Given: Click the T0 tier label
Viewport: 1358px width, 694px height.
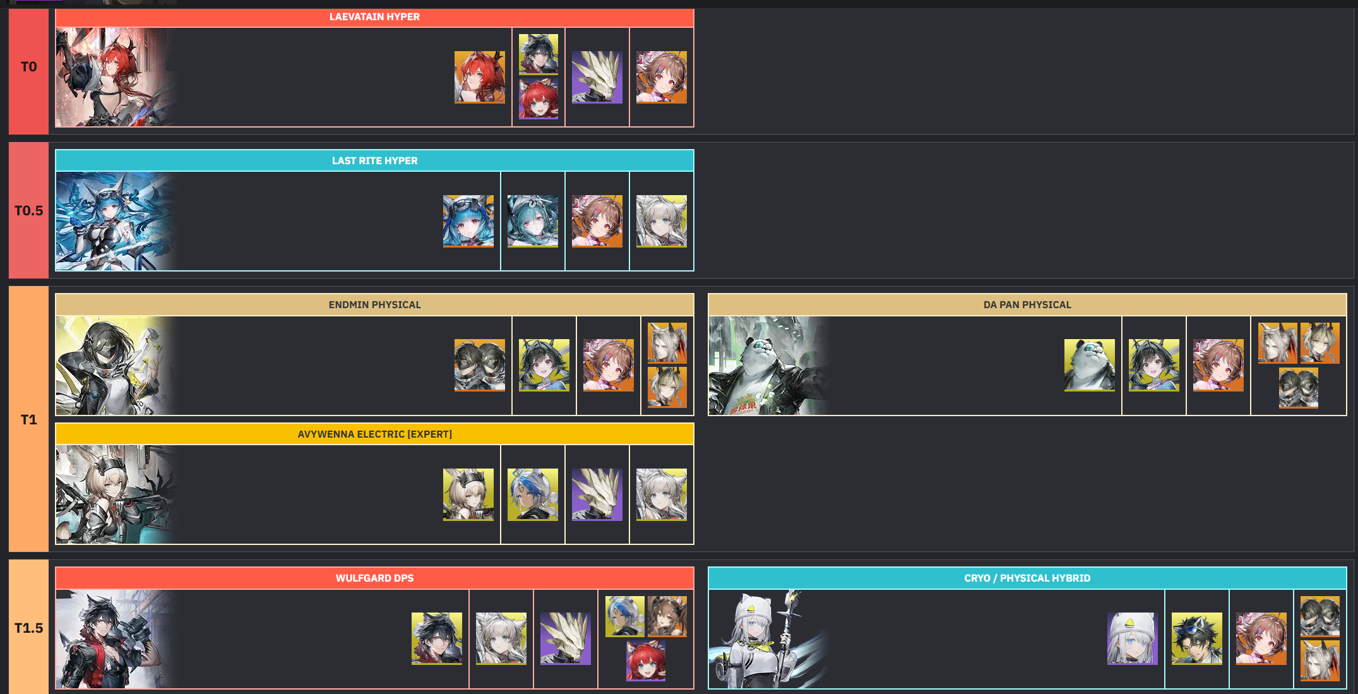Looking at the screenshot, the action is pos(28,67).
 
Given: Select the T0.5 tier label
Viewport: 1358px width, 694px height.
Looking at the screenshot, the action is pos(28,211).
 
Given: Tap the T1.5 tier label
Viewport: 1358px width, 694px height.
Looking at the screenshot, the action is pos(28,628).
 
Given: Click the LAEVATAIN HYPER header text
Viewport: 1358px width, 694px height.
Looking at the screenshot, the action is pos(374,17).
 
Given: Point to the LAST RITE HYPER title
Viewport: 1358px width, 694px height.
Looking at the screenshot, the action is pos(374,161).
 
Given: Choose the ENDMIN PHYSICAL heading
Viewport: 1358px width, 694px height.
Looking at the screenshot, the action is pos(374,305).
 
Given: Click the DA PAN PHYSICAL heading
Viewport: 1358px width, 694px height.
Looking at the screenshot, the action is pos(1027,305).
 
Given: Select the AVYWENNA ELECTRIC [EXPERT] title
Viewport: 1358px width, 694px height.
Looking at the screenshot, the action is pos(374,434).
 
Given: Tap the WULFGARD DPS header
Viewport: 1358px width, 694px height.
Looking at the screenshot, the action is pos(374,578).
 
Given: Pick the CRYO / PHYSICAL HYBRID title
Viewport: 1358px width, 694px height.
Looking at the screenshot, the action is pos(1027,578).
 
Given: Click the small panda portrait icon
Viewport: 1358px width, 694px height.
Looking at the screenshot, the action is pos(1089,365).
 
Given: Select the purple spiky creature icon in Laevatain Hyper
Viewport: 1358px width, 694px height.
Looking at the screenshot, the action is pos(597,77).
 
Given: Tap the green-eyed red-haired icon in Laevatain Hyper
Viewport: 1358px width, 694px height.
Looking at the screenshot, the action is pos(538,99).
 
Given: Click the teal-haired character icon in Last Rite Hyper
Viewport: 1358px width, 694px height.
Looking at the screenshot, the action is pos(532,221).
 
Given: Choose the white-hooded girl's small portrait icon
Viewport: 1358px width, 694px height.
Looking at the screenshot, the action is pos(1132,638).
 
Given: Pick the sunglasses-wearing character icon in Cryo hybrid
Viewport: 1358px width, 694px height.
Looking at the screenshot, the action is pos(1196,638).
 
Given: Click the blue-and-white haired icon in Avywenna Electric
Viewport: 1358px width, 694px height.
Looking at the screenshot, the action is pos(532,494).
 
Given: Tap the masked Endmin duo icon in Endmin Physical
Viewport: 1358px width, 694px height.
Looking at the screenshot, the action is pos(479,365).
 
